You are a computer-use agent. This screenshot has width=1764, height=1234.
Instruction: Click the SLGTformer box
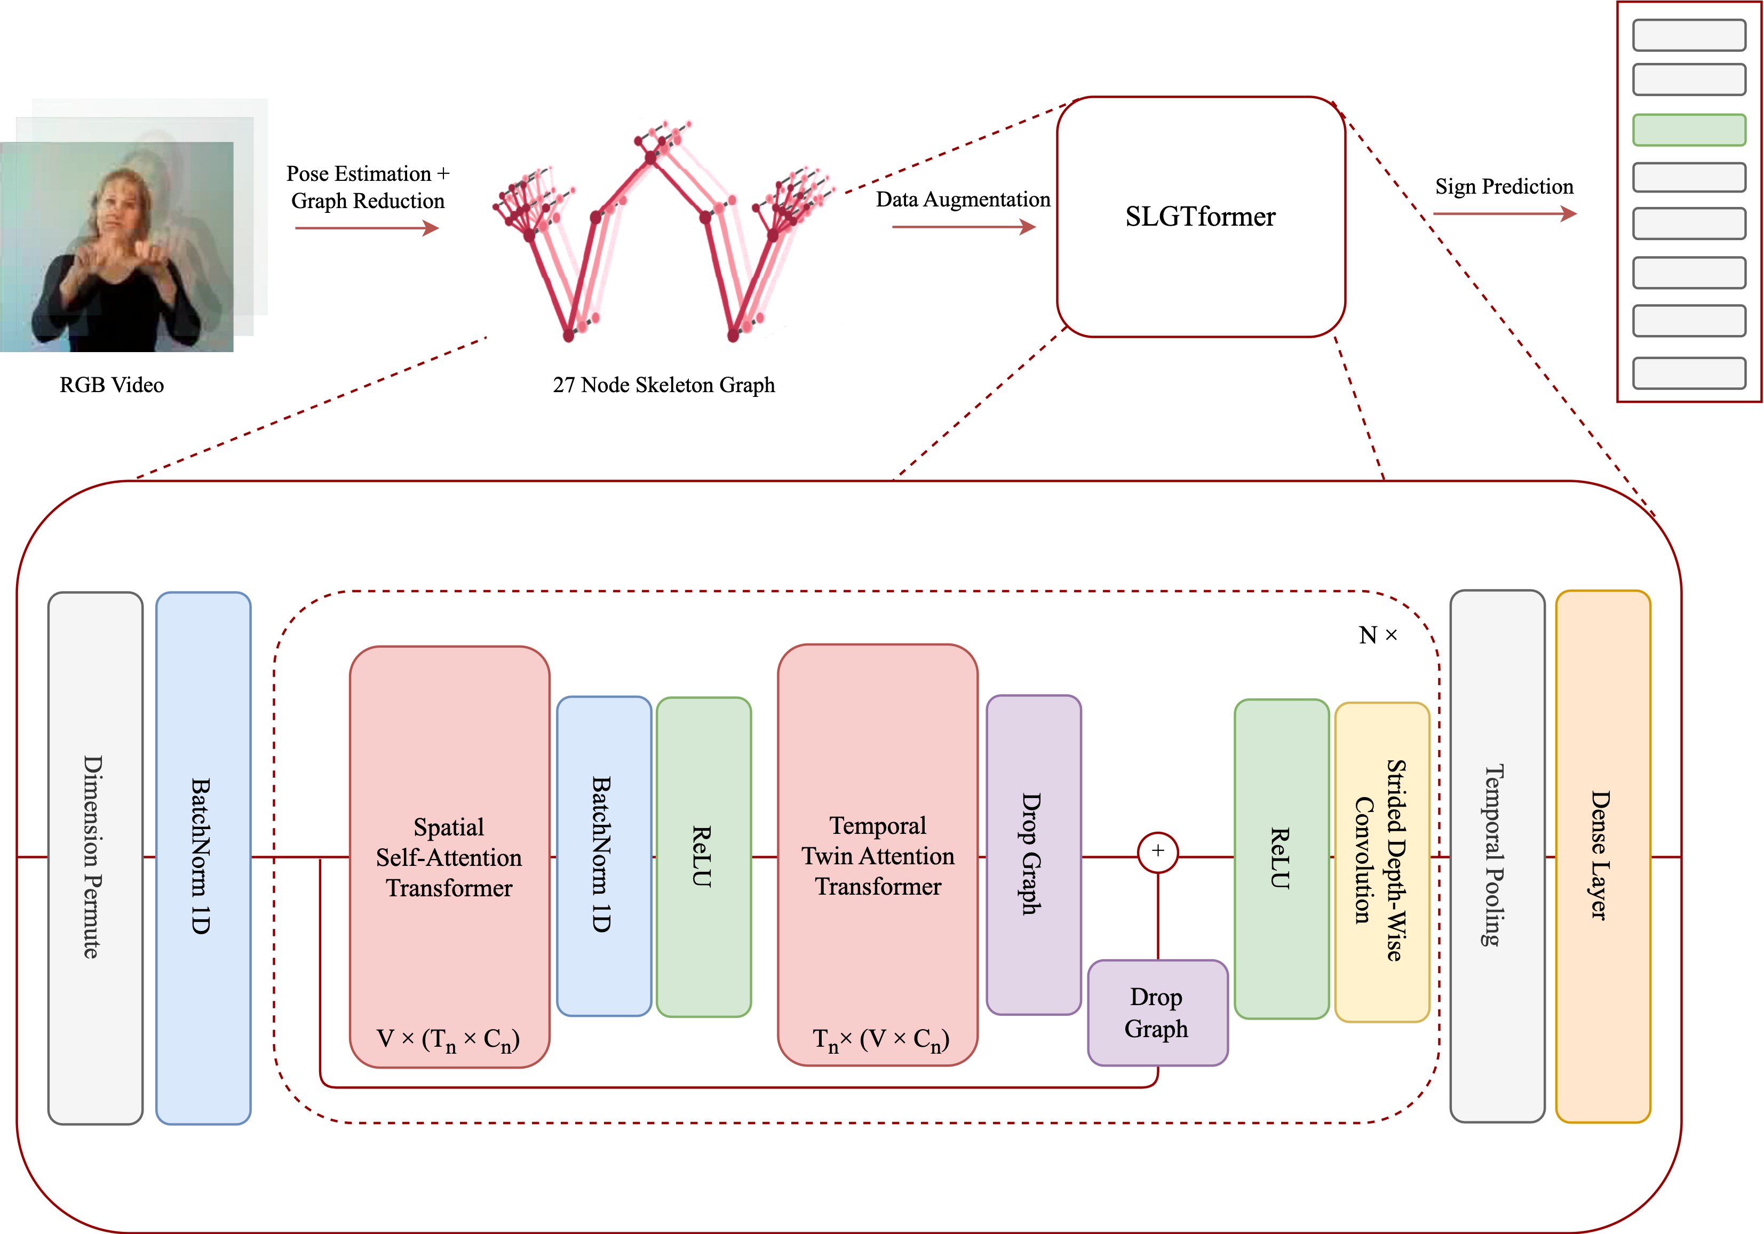[x=1200, y=217]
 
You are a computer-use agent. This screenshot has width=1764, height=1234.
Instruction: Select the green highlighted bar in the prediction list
[x=1689, y=130]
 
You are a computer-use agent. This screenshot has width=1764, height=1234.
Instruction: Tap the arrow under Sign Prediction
[x=1504, y=213]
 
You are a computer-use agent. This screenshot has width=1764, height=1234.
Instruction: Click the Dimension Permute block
[x=96, y=857]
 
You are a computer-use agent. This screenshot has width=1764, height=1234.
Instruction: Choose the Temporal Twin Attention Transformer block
[x=877, y=855]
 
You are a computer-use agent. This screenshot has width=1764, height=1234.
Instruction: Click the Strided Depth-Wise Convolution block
[x=1381, y=861]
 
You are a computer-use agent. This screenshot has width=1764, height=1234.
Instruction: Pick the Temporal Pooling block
[x=1497, y=856]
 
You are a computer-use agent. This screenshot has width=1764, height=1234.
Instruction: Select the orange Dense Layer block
[x=1603, y=856]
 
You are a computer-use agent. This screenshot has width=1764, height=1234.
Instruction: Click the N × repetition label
[x=1378, y=635]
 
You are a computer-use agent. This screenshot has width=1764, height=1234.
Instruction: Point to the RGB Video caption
[x=112, y=385]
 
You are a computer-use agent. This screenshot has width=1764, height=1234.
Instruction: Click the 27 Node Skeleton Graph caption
[x=664, y=385]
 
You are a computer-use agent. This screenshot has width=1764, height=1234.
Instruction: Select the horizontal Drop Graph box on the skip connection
[x=1157, y=1013]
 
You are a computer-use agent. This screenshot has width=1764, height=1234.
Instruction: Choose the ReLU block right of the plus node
[x=1281, y=858]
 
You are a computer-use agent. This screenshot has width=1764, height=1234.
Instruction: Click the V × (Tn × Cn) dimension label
[x=449, y=1040]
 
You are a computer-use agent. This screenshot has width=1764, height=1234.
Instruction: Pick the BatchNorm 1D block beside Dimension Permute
[x=203, y=857]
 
